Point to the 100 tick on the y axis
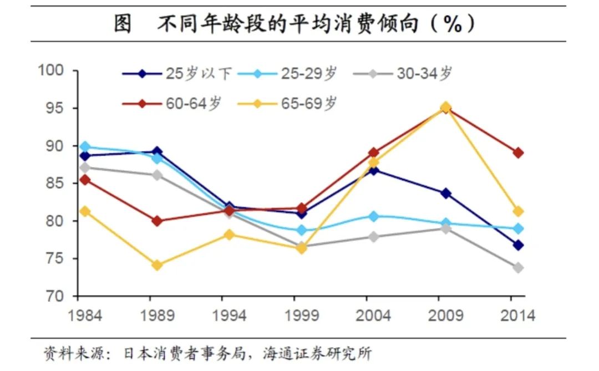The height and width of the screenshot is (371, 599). coord(53,70)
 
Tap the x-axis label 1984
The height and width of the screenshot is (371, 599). coord(85,316)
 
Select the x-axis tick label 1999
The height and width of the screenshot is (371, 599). coord(301,316)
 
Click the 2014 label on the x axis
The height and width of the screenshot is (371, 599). coord(517,316)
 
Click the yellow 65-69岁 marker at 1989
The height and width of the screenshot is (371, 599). coord(157,265)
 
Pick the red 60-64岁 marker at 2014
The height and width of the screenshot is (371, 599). coord(518,153)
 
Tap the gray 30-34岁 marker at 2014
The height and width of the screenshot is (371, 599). coord(518,267)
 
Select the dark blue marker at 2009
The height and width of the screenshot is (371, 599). coord(446,193)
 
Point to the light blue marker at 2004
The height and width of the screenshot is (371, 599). coord(374,216)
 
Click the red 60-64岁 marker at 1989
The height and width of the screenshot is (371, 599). coord(157,221)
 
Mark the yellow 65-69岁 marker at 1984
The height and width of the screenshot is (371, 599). coord(85,211)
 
